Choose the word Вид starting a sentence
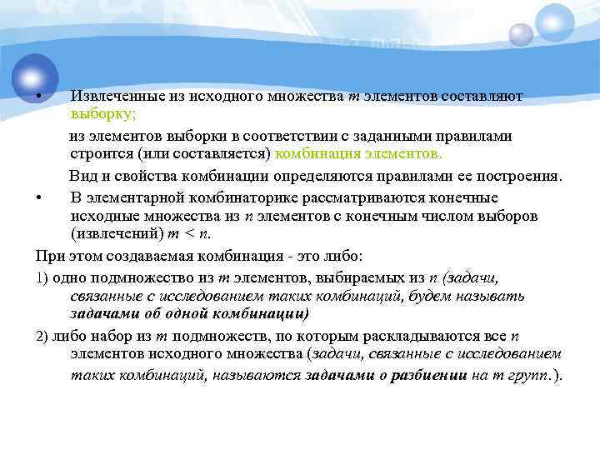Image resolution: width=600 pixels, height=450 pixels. tap(82, 176)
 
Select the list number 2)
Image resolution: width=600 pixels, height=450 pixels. tap(44, 336)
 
